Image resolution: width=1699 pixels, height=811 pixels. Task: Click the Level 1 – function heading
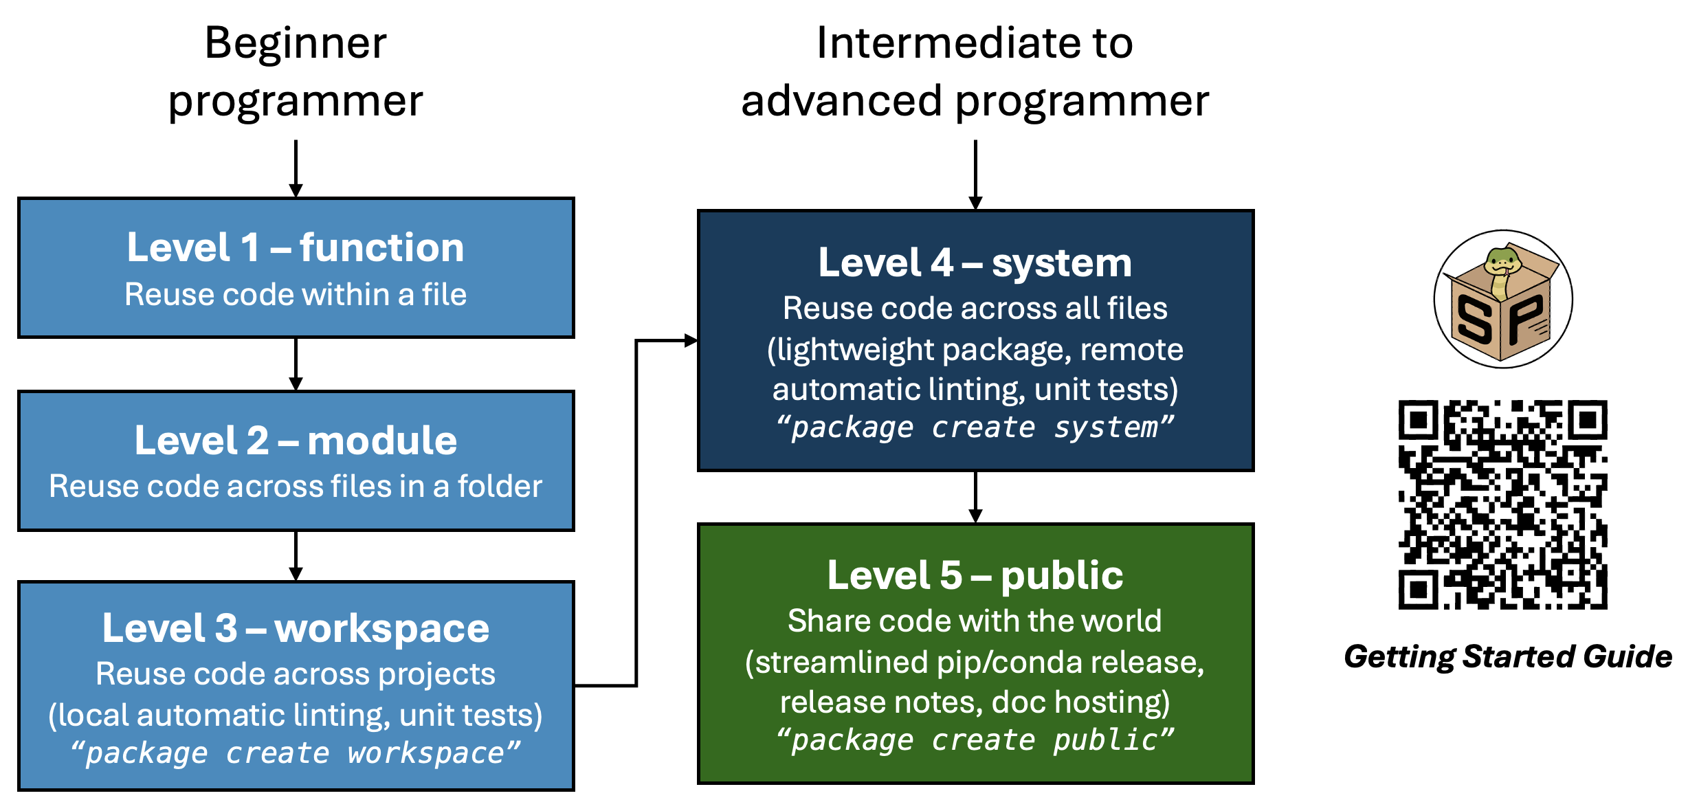click(296, 247)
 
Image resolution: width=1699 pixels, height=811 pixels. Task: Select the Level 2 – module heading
click(296, 441)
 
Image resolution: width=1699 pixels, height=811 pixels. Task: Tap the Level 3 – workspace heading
click(296, 628)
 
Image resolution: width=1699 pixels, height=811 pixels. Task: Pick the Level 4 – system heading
click(975, 263)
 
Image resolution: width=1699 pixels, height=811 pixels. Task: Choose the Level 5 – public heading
click(975, 575)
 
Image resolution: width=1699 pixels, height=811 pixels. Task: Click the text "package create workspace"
click(296, 753)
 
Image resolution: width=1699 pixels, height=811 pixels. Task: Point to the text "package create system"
click(975, 427)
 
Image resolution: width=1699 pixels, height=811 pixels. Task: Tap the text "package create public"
click(975, 740)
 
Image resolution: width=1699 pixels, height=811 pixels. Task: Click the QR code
click(1502, 504)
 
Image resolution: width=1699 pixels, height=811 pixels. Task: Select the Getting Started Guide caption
click(1508, 656)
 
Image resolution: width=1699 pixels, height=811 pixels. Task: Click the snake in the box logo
click(1502, 299)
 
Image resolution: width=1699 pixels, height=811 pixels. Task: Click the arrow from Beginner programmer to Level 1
click(296, 168)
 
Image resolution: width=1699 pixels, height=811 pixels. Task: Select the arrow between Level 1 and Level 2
click(296, 364)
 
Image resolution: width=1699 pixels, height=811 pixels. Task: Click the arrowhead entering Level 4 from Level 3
click(691, 340)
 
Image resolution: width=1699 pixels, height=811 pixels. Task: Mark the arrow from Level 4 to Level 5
click(975, 497)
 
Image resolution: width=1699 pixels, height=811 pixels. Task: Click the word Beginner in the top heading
click(296, 43)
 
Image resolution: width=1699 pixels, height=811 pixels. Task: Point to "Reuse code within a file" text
click(296, 295)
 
